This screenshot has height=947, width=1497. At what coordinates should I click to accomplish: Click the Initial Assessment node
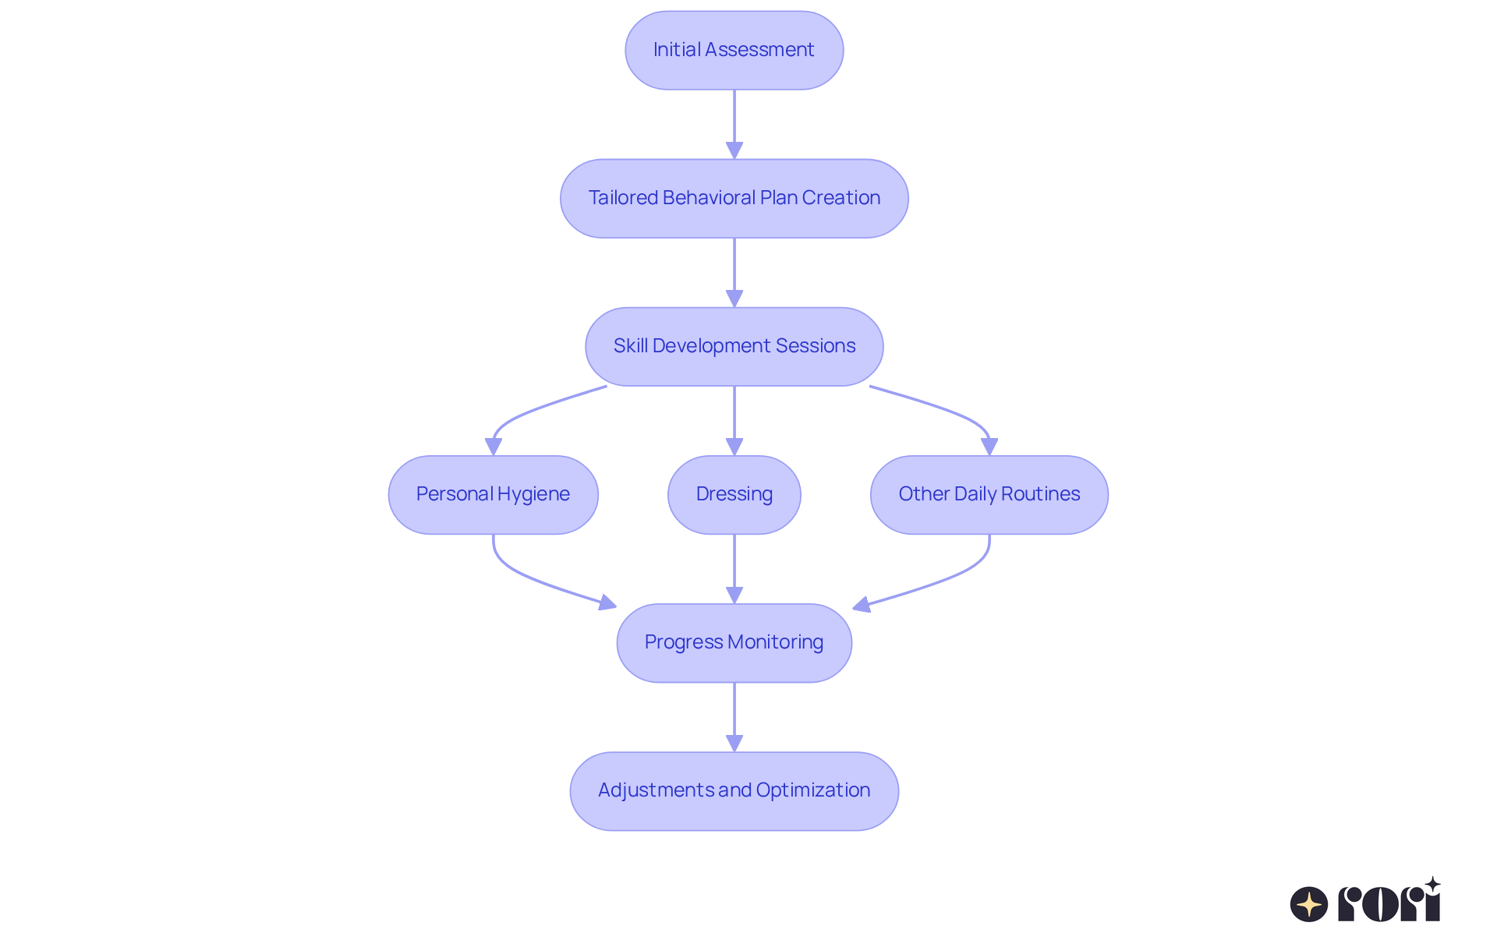pyautogui.click(x=734, y=50)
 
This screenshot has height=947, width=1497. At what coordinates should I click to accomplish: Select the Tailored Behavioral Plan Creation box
pyautogui.click(x=734, y=198)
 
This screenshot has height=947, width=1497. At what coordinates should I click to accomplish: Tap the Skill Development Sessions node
pyautogui.click(x=734, y=346)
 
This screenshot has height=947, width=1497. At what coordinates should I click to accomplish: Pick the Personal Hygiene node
pyautogui.click(x=493, y=494)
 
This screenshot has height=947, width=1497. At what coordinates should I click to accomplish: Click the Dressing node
pyautogui.click(x=734, y=494)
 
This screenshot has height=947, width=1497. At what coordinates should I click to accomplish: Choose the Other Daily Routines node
pyautogui.click(x=989, y=494)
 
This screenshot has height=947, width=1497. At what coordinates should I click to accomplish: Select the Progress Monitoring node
pyautogui.click(x=734, y=642)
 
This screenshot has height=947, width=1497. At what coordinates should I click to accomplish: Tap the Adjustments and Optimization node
pyautogui.click(x=734, y=790)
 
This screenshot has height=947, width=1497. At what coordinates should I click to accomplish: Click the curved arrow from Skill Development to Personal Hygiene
pyautogui.click(x=530, y=411)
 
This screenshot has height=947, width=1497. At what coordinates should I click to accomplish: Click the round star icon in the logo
pyautogui.click(x=1308, y=904)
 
